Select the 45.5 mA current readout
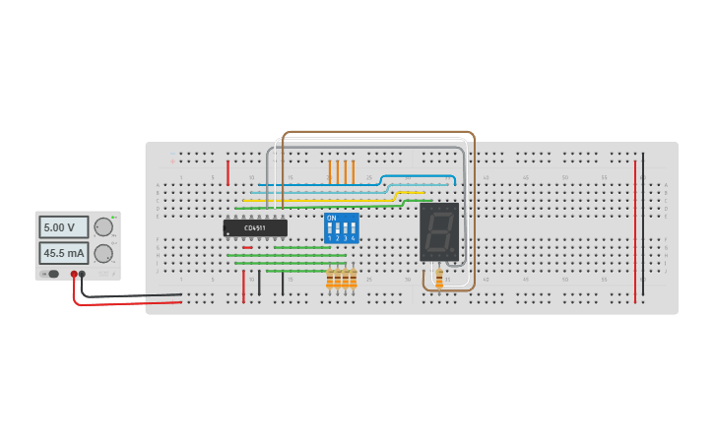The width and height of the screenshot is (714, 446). pos(63,253)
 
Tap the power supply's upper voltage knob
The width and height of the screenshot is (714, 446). pos(102,227)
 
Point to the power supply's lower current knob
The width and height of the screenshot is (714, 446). pos(102,253)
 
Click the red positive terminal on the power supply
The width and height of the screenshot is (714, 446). pos(74,274)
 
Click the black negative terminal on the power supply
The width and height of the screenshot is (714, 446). pos(83,274)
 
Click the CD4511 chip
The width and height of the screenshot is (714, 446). pos(255,227)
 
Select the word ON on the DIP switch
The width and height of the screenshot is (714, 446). pos(331,217)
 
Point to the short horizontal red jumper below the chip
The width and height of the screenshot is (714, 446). pos(247,247)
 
